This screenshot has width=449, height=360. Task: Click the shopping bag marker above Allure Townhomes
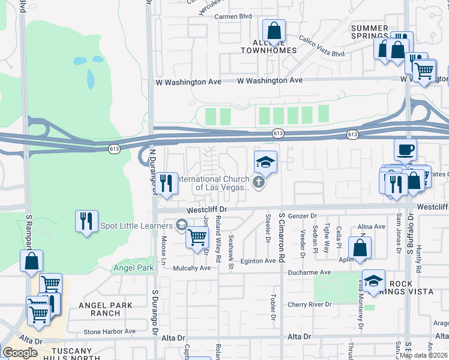[274, 31]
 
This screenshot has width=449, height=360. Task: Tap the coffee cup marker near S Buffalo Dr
[405, 149]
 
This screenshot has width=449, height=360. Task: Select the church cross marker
[259, 182]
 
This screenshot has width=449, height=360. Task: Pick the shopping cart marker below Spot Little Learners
[197, 236]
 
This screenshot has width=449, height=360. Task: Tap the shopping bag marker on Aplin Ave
[360, 248]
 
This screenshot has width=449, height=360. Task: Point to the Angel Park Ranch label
[105, 309]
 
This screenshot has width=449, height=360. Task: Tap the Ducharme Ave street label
[309, 272]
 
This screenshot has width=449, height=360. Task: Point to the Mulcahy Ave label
[191, 268]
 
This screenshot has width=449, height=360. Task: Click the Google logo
[20, 352]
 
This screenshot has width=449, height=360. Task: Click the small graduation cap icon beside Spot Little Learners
[181, 225]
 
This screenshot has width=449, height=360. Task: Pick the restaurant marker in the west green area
[86, 221]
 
